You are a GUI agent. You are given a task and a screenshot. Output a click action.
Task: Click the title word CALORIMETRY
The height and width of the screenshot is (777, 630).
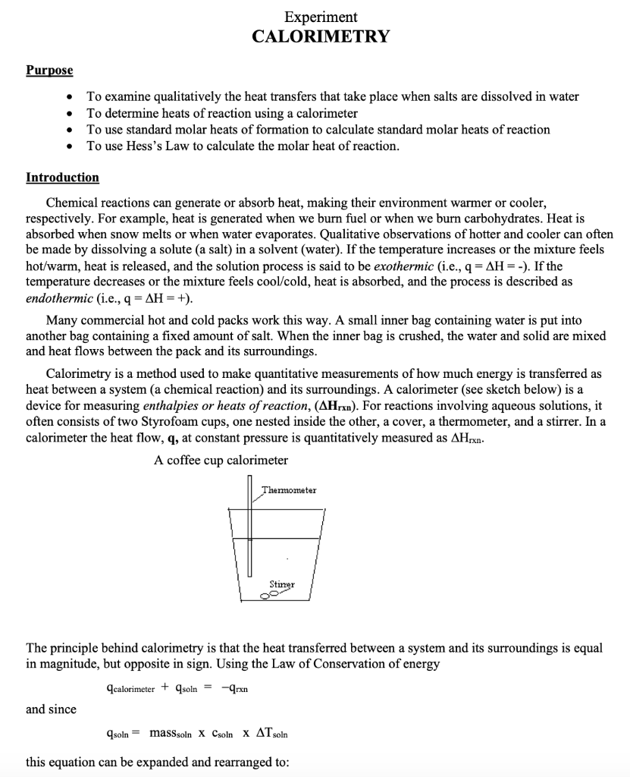tap(321, 36)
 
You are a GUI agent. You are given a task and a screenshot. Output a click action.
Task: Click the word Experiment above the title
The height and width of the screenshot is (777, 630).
tap(321, 17)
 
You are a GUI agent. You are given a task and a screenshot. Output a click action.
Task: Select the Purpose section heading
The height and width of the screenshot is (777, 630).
tap(49, 71)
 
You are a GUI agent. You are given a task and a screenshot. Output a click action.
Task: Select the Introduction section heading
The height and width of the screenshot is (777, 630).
tap(62, 178)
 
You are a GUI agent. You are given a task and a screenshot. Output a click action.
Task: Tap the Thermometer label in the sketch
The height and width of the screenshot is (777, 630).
tap(290, 491)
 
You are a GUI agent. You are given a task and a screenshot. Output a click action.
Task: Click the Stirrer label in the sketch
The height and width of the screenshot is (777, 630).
tap(281, 584)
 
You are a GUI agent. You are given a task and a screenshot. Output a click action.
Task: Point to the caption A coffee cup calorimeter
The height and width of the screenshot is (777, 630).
tap(221, 461)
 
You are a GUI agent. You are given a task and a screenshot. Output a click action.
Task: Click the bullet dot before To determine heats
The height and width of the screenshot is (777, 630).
tap(70, 114)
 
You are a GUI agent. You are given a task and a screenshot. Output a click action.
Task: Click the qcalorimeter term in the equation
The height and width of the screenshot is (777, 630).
tap(130, 688)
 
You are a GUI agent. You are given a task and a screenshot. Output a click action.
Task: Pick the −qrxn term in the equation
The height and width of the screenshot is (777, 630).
tap(235, 688)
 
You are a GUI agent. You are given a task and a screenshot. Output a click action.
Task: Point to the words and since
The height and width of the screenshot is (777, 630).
tap(51, 709)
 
